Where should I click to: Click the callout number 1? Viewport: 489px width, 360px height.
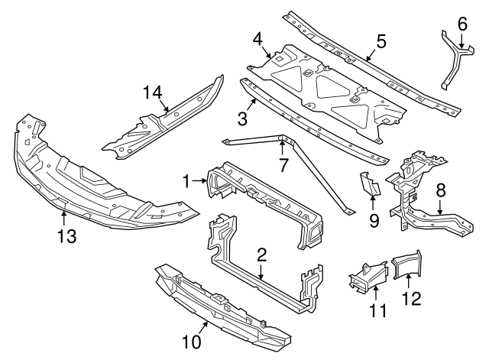point(186,180)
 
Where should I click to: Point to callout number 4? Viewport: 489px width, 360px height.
point(258,38)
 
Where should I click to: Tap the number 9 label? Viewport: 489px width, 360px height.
point(374,221)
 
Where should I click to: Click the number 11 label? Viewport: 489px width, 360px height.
point(377,311)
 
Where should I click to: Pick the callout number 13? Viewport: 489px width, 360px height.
point(67,237)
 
